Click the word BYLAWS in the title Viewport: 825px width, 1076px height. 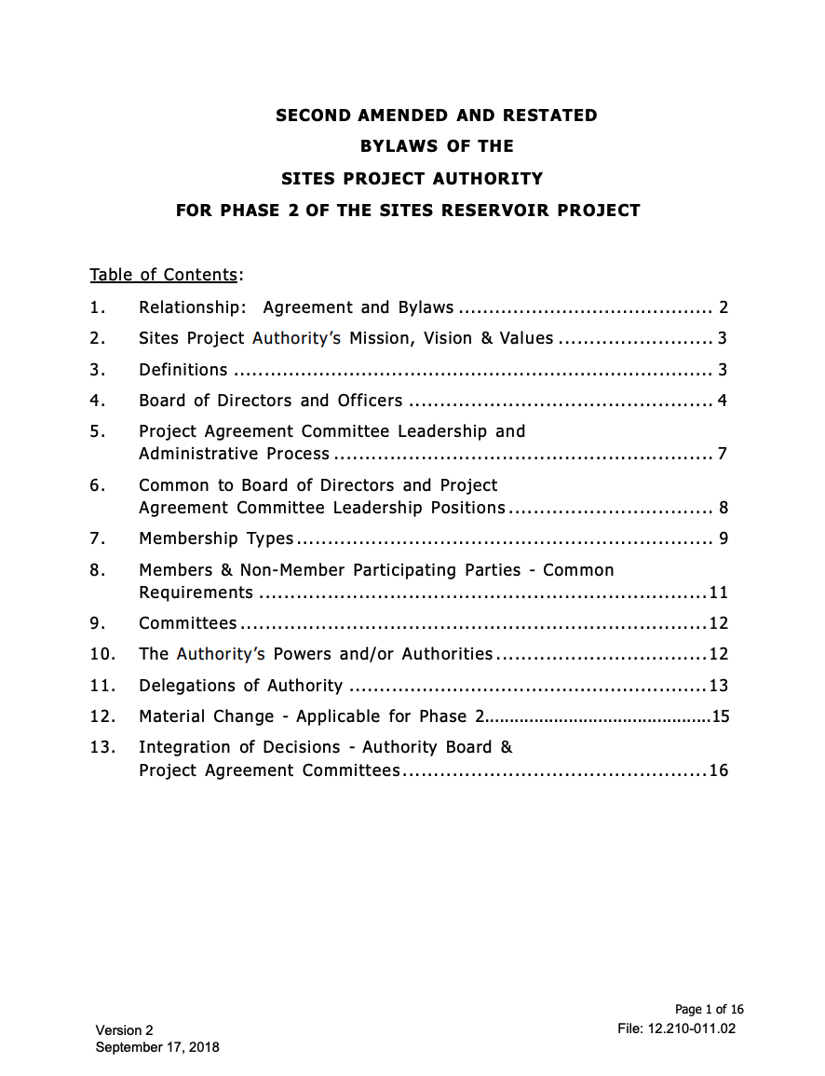(396, 146)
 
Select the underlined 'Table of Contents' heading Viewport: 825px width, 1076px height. (164, 275)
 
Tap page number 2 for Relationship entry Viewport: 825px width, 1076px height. (723, 307)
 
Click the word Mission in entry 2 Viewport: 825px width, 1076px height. (381, 338)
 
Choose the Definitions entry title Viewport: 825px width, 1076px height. (183, 370)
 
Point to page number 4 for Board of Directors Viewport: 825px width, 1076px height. (723, 401)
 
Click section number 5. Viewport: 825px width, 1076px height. (97, 431)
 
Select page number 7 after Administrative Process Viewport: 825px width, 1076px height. (723, 455)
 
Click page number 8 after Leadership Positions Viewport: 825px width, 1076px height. (723, 508)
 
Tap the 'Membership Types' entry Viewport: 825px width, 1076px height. (216, 538)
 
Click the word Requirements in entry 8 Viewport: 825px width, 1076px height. (196, 592)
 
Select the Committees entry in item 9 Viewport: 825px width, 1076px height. (188, 623)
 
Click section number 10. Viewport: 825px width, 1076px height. (101, 654)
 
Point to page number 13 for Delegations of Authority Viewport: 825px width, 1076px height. (718, 686)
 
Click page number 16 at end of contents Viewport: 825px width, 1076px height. (718, 770)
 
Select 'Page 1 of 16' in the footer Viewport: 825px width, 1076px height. (709, 1010)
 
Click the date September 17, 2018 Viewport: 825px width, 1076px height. (157, 1047)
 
